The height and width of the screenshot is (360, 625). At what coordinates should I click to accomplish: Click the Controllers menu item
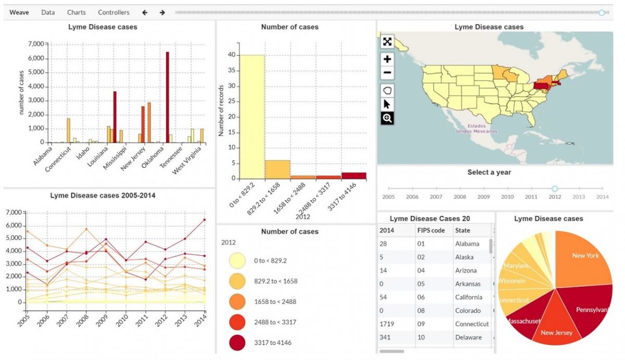pos(113,13)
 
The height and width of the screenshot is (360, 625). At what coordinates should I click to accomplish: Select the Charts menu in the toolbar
pos(76,13)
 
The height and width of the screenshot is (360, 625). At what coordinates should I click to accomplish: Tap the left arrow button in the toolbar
pos(145,13)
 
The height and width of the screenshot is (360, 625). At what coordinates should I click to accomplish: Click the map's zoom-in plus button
pos(387,59)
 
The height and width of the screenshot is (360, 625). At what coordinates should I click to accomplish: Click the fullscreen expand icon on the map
pos(387,41)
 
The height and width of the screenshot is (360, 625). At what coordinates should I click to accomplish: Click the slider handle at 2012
pos(555,189)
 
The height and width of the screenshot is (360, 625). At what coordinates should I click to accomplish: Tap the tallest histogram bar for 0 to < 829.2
pos(252,117)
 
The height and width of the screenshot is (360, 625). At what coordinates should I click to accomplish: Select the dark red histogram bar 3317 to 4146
pos(354,176)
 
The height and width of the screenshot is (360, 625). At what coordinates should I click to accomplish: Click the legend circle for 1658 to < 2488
pos(237,302)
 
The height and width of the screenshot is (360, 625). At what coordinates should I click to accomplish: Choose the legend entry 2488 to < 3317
pos(275,322)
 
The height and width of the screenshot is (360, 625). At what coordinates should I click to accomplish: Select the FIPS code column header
pos(431,230)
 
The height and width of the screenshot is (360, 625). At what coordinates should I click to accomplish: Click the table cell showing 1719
pos(387,324)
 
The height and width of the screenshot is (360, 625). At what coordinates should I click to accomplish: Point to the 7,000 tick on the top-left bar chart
pos(36,44)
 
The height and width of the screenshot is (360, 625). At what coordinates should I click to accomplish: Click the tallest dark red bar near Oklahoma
pos(168,98)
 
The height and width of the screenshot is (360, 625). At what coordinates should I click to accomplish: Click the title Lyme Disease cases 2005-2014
pos(102,195)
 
